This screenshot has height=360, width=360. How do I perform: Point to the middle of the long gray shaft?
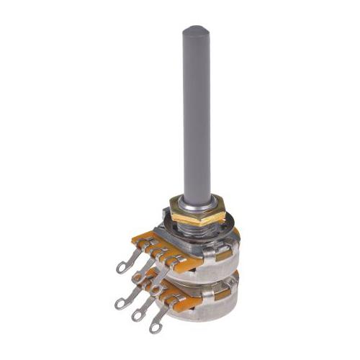[197, 115]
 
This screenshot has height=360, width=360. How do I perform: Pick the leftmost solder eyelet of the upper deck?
[122, 267]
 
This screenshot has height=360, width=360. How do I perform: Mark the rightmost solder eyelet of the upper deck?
[160, 281]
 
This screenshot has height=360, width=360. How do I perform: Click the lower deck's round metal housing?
[209, 306]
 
